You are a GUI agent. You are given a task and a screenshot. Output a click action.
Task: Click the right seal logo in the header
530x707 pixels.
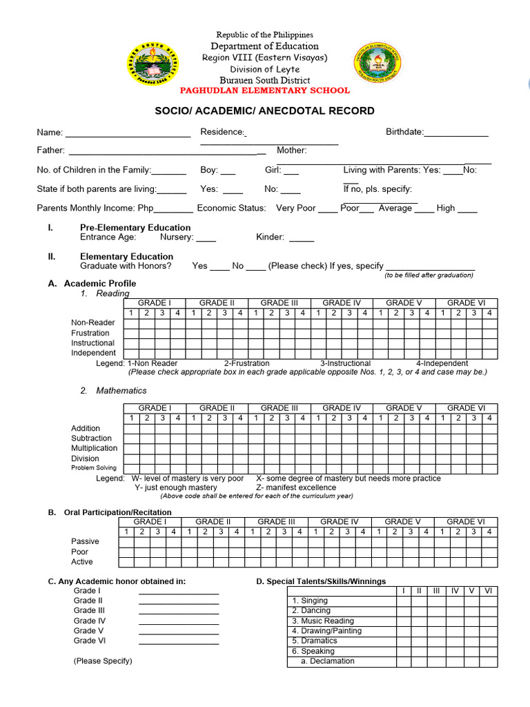click(x=376, y=62)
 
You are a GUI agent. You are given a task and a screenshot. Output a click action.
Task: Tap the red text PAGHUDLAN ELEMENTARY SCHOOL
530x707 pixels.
click(x=265, y=90)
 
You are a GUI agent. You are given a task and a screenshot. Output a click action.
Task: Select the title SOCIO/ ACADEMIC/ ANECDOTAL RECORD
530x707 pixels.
click(x=265, y=110)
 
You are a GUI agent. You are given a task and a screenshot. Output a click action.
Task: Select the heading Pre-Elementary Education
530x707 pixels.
click(x=135, y=227)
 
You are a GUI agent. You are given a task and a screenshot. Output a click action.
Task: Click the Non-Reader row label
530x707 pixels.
click(x=93, y=323)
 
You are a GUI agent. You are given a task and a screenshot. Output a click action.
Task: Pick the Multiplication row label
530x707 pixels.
click(x=95, y=448)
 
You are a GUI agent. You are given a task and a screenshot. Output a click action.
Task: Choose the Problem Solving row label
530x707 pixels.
click(x=94, y=468)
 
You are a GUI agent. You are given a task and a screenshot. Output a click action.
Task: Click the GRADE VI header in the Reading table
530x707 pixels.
click(x=467, y=303)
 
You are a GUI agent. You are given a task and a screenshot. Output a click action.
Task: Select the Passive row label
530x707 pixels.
click(x=85, y=541)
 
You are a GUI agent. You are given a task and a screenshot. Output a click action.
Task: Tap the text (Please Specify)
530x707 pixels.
click(x=103, y=661)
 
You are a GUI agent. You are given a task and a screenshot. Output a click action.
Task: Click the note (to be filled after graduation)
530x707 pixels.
click(x=429, y=275)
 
